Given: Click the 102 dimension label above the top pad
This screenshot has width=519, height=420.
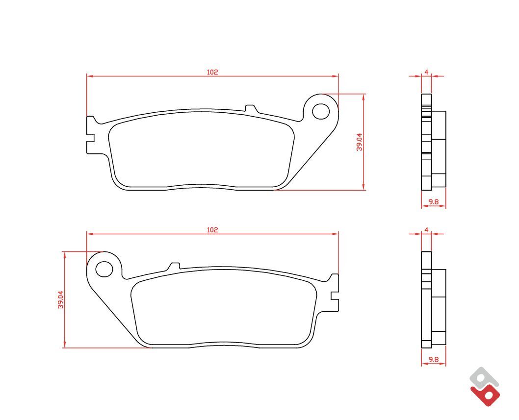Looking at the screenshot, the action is [x=212, y=72].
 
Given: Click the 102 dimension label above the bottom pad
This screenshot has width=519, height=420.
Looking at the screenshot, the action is [x=212, y=229].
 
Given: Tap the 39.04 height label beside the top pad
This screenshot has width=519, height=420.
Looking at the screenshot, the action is [x=360, y=142].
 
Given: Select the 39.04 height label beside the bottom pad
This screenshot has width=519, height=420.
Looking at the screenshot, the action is [x=60, y=299].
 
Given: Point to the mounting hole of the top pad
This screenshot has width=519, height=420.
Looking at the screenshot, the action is [x=321, y=111].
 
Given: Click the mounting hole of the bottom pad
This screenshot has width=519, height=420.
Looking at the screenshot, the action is [x=104, y=269].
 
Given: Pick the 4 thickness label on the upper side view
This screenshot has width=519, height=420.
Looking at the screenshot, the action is [x=426, y=72].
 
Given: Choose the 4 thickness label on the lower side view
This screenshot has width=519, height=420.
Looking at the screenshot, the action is [x=426, y=229].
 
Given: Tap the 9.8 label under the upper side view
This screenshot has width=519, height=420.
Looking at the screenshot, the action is [x=433, y=201].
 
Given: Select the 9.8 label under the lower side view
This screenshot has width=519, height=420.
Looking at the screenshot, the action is [x=433, y=359].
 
